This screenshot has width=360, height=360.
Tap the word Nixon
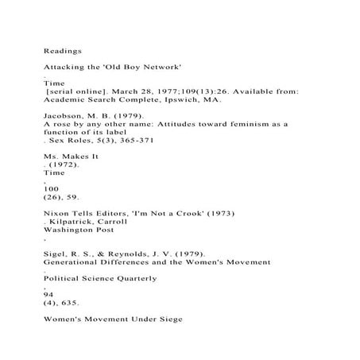click(x=57, y=213)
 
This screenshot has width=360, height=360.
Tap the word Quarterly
click(x=132, y=278)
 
